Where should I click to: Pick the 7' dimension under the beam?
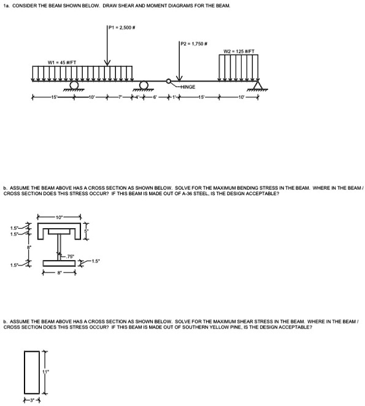[x=121, y=98]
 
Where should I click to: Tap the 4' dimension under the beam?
[x=137, y=98]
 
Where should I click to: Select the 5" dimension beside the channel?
[x=86, y=232]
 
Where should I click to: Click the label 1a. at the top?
[x=6, y=5]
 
